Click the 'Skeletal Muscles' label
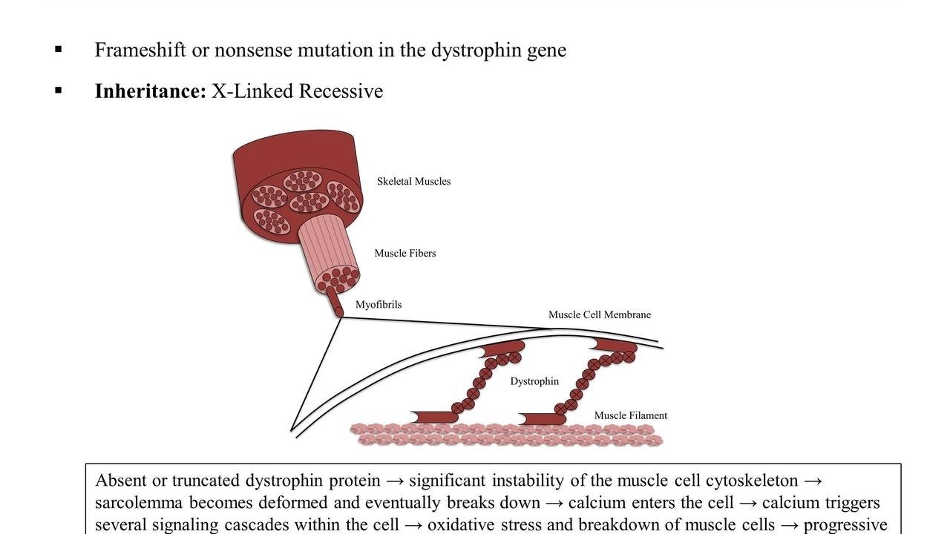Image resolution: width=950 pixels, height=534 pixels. pyautogui.click(x=413, y=182)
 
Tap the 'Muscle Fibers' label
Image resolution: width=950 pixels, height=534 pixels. pyautogui.click(x=404, y=254)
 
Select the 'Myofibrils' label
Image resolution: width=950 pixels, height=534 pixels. pyautogui.click(x=378, y=305)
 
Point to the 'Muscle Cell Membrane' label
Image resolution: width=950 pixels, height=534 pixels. pyautogui.click(x=599, y=315)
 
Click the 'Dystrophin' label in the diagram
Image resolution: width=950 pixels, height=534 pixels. pyautogui.click(x=534, y=382)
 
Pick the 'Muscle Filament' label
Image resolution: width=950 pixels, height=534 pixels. pyautogui.click(x=630, y=416)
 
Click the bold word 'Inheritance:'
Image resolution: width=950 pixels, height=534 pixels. pyautogui.click(x=150, y=91)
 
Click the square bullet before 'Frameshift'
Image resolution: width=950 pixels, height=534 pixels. pyautogui.click(x=59, y=50)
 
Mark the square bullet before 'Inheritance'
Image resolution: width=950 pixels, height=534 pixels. pyautogui.click(x=59, y=90)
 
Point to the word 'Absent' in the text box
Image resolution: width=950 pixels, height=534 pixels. pyautogui.click(x=121, y=481)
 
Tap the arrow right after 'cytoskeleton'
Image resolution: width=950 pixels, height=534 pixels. pyautogui.click(x=813, y=481)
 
